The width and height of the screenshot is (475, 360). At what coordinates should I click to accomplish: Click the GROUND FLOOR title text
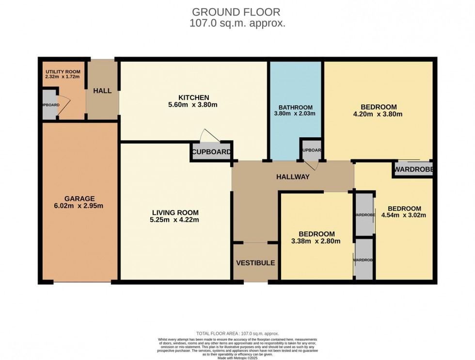point(237,11)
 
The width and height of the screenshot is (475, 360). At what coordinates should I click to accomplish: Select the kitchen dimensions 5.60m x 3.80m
point(193,105)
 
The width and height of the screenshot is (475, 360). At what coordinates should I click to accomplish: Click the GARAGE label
point(79,198)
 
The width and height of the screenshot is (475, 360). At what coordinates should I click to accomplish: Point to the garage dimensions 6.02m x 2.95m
point(79,206)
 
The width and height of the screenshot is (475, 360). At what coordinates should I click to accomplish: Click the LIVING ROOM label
point(175,213)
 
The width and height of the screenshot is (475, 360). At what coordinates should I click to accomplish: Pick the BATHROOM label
point(295,107)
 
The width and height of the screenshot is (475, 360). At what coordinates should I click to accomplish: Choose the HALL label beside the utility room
point(102,91)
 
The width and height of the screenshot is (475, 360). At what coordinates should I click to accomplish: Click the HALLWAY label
point(292,177)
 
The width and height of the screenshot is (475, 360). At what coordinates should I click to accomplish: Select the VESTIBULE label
point(255,263)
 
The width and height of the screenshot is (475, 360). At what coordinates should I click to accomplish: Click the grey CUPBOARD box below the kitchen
point(211,151)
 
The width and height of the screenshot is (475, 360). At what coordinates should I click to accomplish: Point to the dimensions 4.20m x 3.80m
point(379,115)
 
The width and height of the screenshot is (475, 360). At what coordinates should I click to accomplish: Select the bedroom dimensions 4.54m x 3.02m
point(403,215)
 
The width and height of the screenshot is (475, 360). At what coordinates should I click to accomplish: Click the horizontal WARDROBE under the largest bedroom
point(412,169)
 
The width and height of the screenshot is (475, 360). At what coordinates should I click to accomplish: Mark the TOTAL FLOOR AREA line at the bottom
point(237,333)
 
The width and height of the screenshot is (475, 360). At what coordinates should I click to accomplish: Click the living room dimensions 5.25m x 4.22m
point(175,220)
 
